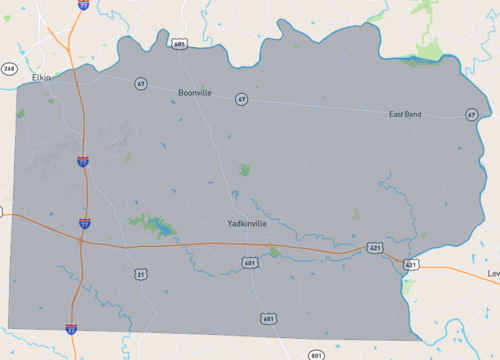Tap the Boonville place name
tap(195, 92)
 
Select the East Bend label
tap(405, 115)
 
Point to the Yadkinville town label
tap(247, 223)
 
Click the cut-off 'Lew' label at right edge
tap(492, 273)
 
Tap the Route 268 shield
tap(8, 68)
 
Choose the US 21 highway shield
tap(141, 273)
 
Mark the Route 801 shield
tap(316, 354)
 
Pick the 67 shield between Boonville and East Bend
tap(241, 99)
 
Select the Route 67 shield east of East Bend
tap(471, 115)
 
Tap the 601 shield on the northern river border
tap(179, 44)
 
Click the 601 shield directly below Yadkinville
tap(249, 262)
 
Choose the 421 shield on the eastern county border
tap(410, 264)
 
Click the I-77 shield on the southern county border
tap(71, 327)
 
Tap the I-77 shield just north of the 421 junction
tap(83, 224)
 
